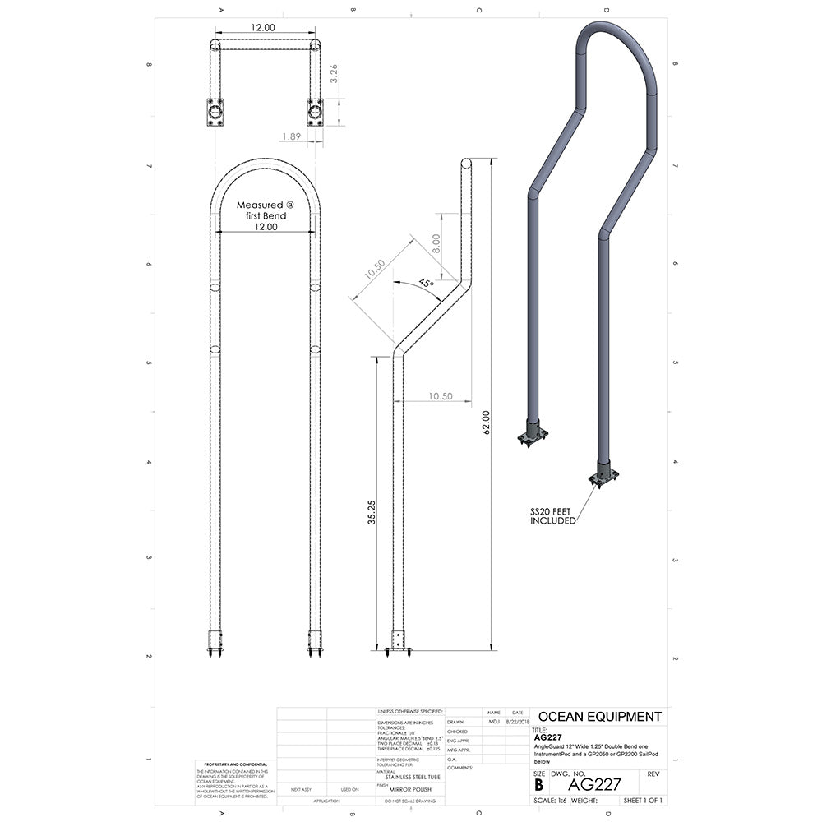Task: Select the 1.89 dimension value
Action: click(291, 136)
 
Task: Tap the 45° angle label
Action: click(426, 283)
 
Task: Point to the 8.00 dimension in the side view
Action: click(436, 243)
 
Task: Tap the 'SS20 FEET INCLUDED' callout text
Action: click(551, 516)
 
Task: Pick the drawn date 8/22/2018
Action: click(517, 722)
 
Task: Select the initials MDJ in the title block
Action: click(493, 722)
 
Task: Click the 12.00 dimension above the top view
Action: click(263, 28)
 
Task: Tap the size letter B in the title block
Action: click(538, 784)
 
